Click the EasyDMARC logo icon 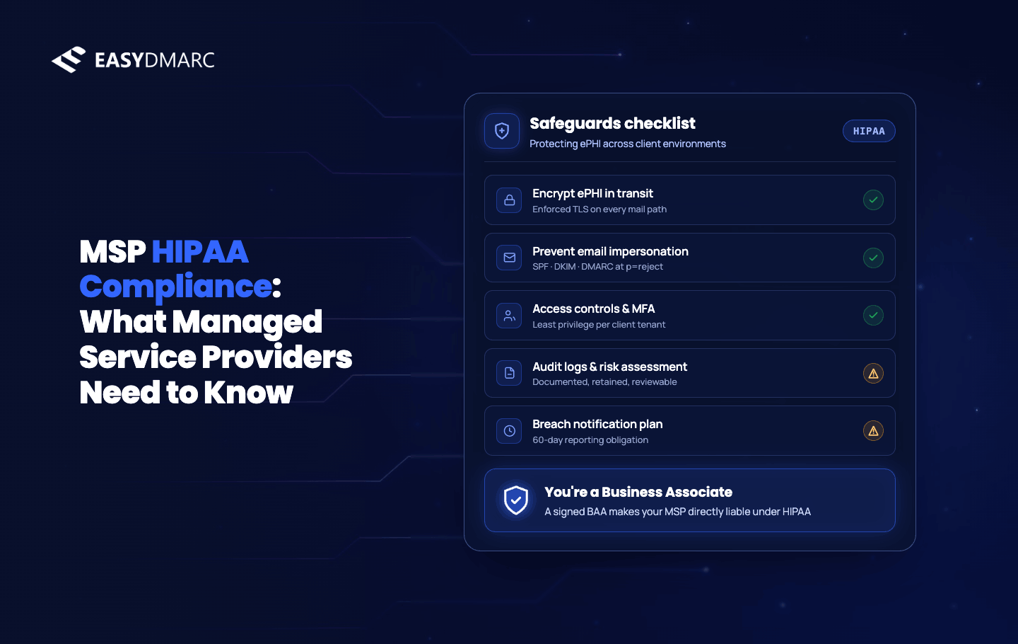tap(69, 59)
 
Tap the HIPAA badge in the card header tap(869, 131)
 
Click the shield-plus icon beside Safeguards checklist tap(502, 131)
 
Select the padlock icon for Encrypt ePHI tap(509, 200)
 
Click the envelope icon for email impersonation tap(509, 258)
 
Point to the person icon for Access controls tap(509, 316)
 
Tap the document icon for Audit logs tap(509, 374)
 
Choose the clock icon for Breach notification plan tap(509, 431)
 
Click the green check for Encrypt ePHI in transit tap(873, 200)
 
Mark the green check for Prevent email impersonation tap(873, 258)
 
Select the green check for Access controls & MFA tap(873, 316)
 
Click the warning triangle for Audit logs tap(873, 374)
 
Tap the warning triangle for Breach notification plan tap(873, 431)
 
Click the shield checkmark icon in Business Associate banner tap(516, 500)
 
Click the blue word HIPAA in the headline tap(200, 251)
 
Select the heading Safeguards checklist tap(612, 124)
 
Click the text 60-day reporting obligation tap(590, 439)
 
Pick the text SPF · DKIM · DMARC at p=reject tap(597, 267)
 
